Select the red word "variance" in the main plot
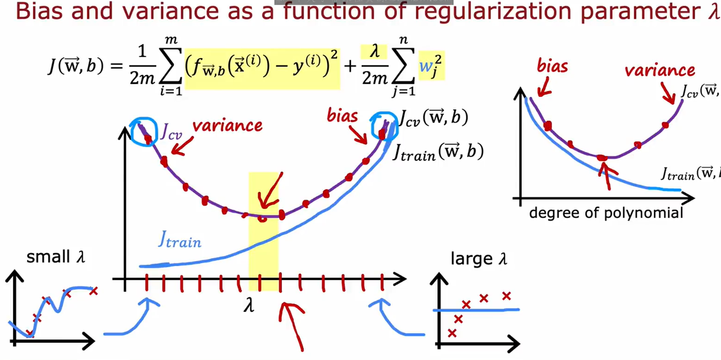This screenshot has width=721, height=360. point(227,126)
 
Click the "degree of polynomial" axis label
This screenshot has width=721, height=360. point(606,213)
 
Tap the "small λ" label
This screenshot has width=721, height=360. point(56,257)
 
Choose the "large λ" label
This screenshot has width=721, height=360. point(479,259)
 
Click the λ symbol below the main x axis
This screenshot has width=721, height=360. point(249,306)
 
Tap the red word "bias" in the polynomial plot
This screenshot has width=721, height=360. point(552,66)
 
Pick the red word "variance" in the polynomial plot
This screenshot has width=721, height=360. point(659,71)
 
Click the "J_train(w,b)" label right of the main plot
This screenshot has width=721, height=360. point(438,152)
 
